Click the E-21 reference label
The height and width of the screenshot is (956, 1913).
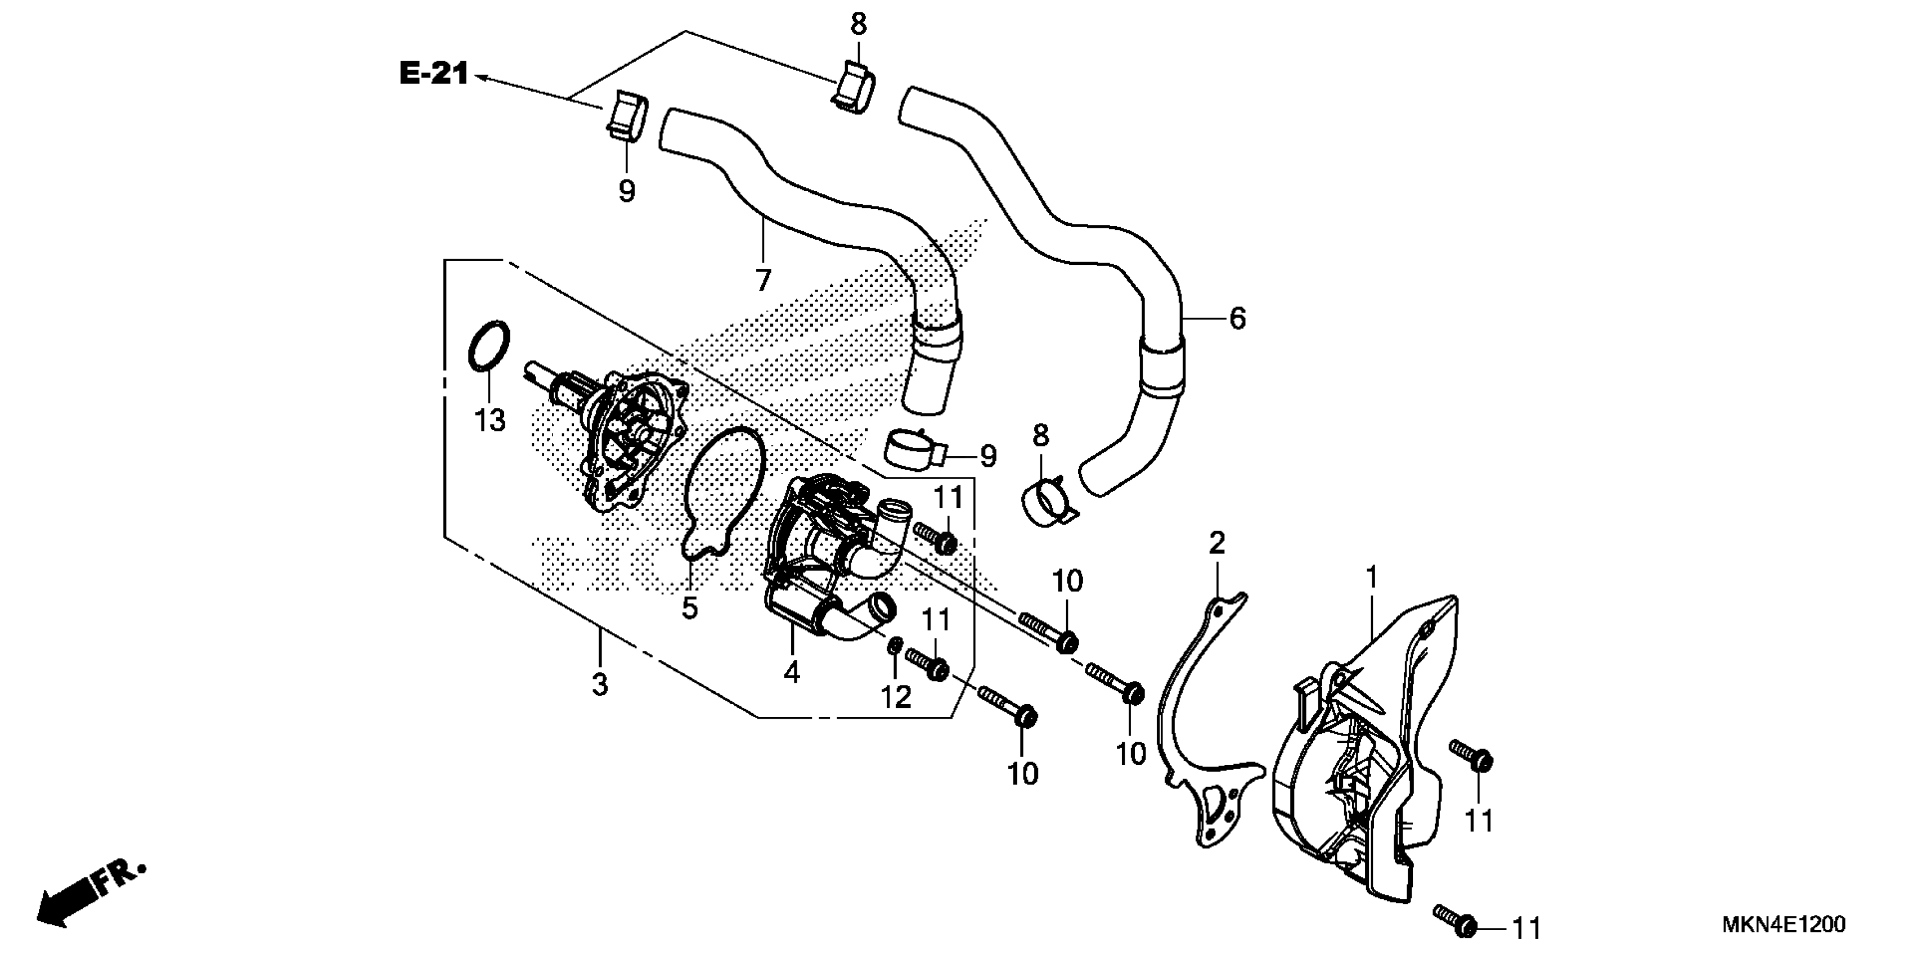click(434, 74)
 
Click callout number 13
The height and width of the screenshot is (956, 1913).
click(490, 420)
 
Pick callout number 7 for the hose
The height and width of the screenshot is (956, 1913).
click(763, 280)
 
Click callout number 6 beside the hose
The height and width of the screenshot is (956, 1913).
click(1237, 318)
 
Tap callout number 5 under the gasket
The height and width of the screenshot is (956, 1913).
click(690, 608)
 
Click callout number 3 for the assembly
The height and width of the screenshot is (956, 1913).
click(600, 684)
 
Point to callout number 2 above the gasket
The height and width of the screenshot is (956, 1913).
click(1216, 543)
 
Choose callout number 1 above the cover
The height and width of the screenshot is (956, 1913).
click(1372, 577)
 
